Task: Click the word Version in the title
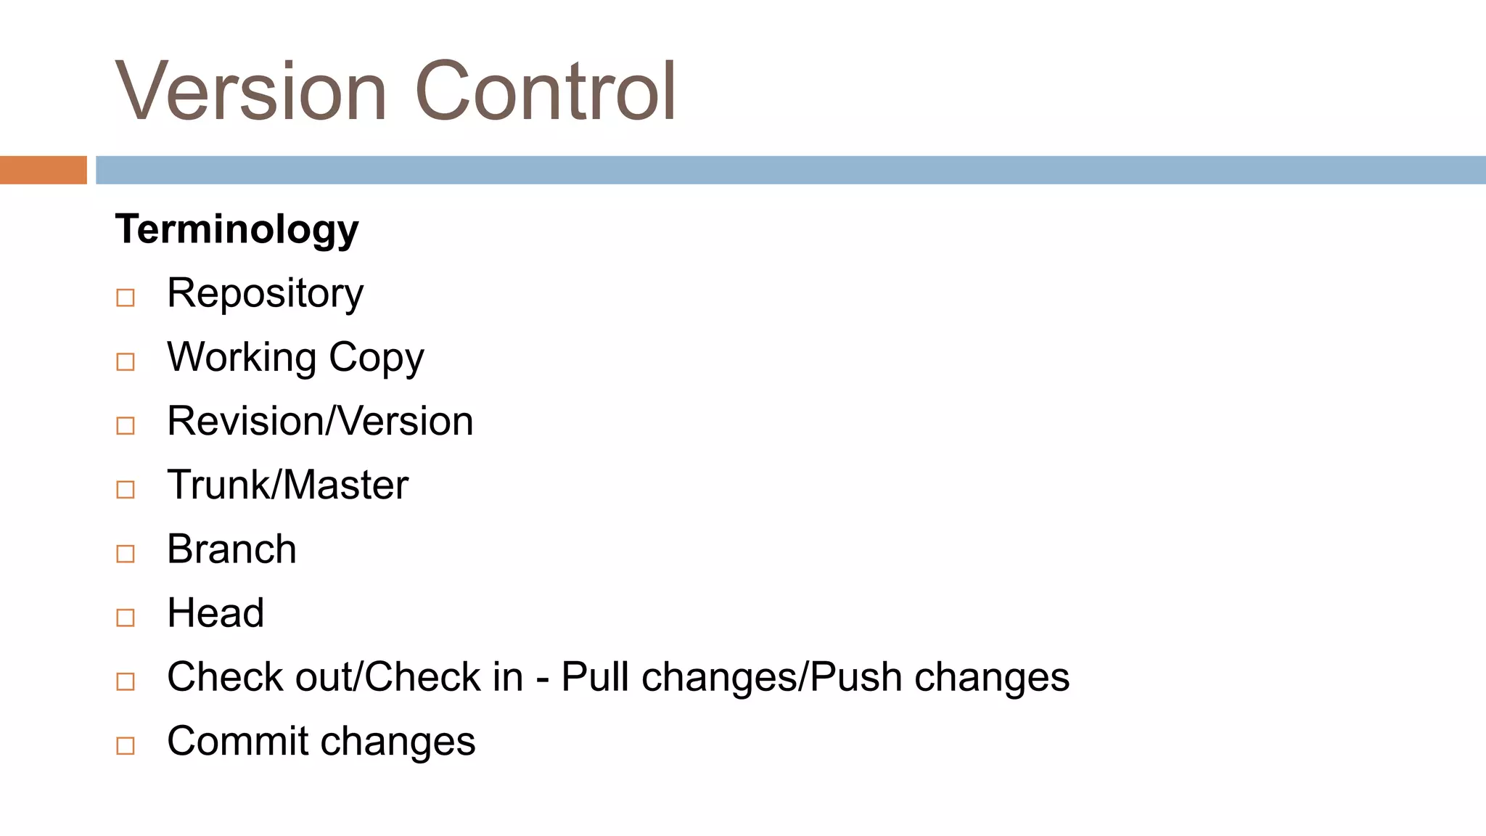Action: pos(250,92)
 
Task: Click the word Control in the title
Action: pos(546,92)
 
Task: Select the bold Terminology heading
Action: pos(237,229)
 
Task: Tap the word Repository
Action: pos(265,294)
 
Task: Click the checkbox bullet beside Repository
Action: pos(126,298)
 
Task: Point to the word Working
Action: pos(242,358)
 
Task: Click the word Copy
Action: pos(376,358)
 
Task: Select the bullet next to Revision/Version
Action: pos(126,425)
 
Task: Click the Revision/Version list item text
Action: pos(320,421)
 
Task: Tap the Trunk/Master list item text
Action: pos(287,485)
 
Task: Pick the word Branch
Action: pos(231,549)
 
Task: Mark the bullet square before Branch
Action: pos(126,554)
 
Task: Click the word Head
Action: pos(215,612)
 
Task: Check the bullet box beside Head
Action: pos(126,618)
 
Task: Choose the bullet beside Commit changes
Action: pos(126,745)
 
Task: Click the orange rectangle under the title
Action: pos(44,170)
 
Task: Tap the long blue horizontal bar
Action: pos(791,170)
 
